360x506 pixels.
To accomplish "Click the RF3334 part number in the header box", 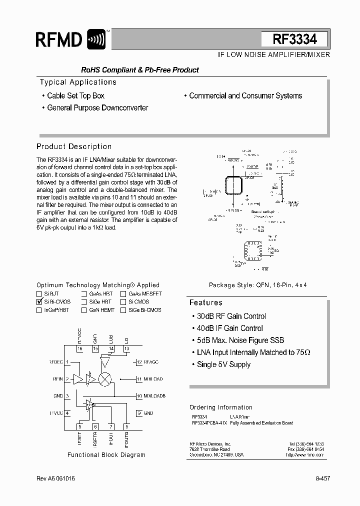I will coord(294,39).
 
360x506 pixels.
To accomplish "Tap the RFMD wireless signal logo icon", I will coord(96,39).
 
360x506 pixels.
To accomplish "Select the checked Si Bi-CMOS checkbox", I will coord(39,302).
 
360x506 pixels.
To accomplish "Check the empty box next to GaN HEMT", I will coord(84,310).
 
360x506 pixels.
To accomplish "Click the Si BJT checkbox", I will coord(39,294).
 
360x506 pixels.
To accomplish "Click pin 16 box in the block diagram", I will coord(79,348).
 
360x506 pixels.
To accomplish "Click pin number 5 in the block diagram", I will coord(79,426).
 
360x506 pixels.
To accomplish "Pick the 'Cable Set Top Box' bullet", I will coord(75,95).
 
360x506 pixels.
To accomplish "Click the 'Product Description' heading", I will coord(74,146).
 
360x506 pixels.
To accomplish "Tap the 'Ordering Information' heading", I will coord(221,407).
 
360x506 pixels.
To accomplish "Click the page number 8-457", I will coord(322,478).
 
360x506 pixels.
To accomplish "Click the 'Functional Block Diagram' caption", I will coord(106,455).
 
